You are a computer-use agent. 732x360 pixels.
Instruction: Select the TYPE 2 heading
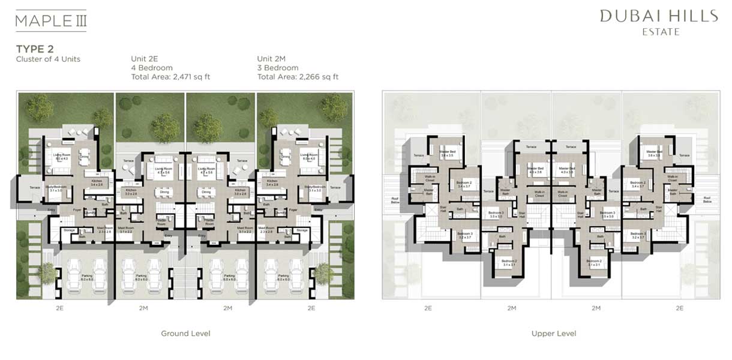pos(35,49)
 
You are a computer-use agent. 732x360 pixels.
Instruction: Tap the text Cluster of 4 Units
pos(48,59)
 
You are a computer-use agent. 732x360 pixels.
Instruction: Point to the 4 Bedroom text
pos(152,68)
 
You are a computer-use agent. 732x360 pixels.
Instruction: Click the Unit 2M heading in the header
pos(272,59)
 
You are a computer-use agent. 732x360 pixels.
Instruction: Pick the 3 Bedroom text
pos(278,68)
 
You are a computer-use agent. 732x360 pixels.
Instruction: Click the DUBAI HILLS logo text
pos(658,16)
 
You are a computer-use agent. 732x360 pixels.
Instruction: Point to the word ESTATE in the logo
pos(660,32)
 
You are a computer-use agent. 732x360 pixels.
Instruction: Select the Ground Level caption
pos(185,334)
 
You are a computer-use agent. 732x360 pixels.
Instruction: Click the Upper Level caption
pos(553,334)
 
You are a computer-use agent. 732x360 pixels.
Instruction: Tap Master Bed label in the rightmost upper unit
pos(654,152)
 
